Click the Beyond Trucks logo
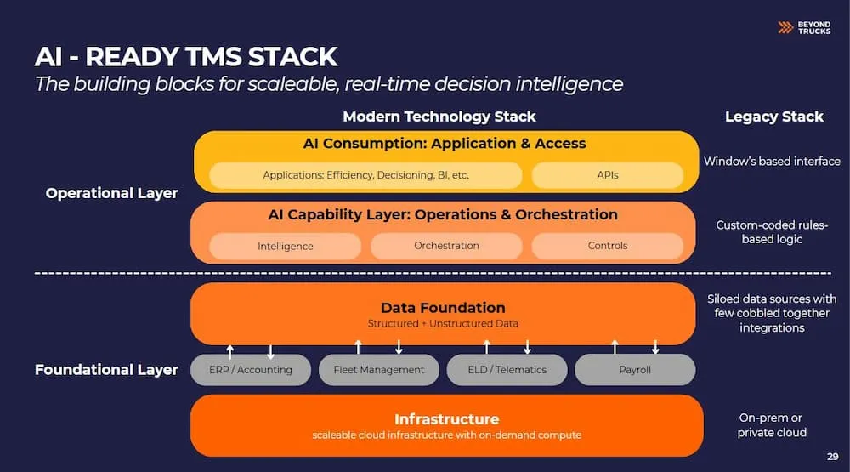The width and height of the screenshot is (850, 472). (804, 28)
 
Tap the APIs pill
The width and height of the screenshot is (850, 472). (607, 175)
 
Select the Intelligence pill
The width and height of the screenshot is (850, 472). (285, 247)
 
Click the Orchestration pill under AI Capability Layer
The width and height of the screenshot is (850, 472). (446, 246)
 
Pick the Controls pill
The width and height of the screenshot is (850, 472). (607, 246)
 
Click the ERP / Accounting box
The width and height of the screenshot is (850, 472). (251, 370)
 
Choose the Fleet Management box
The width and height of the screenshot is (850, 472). (379, 370)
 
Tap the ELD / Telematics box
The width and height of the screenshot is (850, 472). (507, 370)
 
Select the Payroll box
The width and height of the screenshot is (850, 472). (635, 370)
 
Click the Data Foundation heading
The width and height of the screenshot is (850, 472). (443, 308)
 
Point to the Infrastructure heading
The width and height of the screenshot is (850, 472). (447, 418)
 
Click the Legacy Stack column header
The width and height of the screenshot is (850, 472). (774, 117)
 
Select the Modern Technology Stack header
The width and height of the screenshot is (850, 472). (439, 117)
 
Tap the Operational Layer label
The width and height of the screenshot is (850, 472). (111, 193)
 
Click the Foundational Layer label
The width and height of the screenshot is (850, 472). (106, 369)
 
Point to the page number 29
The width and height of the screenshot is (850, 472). (833, 457)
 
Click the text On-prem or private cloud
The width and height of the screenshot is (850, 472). (772, 425)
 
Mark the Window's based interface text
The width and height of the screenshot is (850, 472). (772, 161)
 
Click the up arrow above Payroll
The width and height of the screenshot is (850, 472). (615, 347)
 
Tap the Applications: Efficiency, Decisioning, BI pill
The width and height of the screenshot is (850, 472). (365, 175)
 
